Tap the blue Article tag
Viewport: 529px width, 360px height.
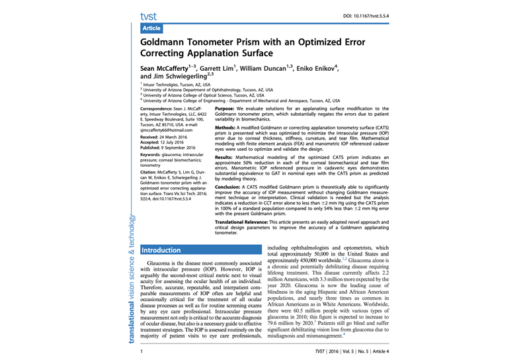tap(151, 29)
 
